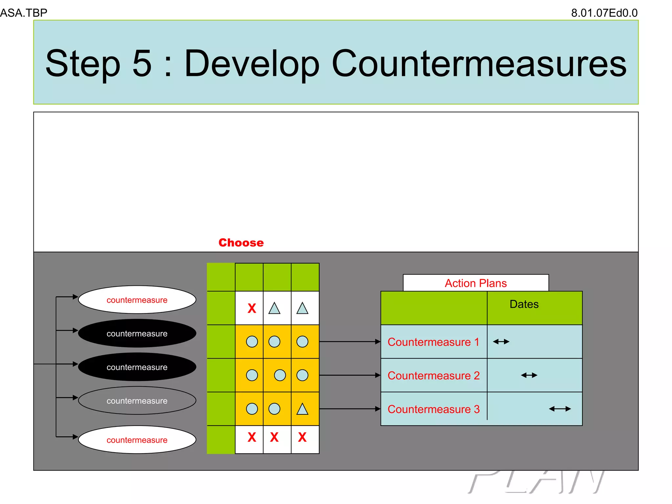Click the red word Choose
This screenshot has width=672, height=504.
click(241, 242)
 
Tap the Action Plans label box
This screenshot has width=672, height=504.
click(475, 283)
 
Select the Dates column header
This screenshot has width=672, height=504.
click(524, 304)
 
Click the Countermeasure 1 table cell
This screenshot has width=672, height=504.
click(433, 342)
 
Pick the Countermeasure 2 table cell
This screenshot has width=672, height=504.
click(433, 375)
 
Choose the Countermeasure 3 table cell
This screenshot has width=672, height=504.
click(433, 409)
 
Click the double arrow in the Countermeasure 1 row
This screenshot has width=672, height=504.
click(501, 342)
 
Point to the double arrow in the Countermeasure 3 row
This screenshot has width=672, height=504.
click(560, 409)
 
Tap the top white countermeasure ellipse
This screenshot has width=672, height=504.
click(137, 300)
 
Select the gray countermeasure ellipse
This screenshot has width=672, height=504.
click(137, 401)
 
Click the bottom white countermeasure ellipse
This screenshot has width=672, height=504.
click(137, 440)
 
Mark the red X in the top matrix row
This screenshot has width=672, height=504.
click(252, 308)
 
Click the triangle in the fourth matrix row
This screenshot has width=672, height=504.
click(302, 409)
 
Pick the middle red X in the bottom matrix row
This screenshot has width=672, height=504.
click(274, 437)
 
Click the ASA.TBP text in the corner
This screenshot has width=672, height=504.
click(24, 13)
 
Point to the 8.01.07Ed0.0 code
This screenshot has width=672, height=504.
click(604, 13)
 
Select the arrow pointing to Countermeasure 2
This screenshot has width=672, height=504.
click(349, 375)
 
